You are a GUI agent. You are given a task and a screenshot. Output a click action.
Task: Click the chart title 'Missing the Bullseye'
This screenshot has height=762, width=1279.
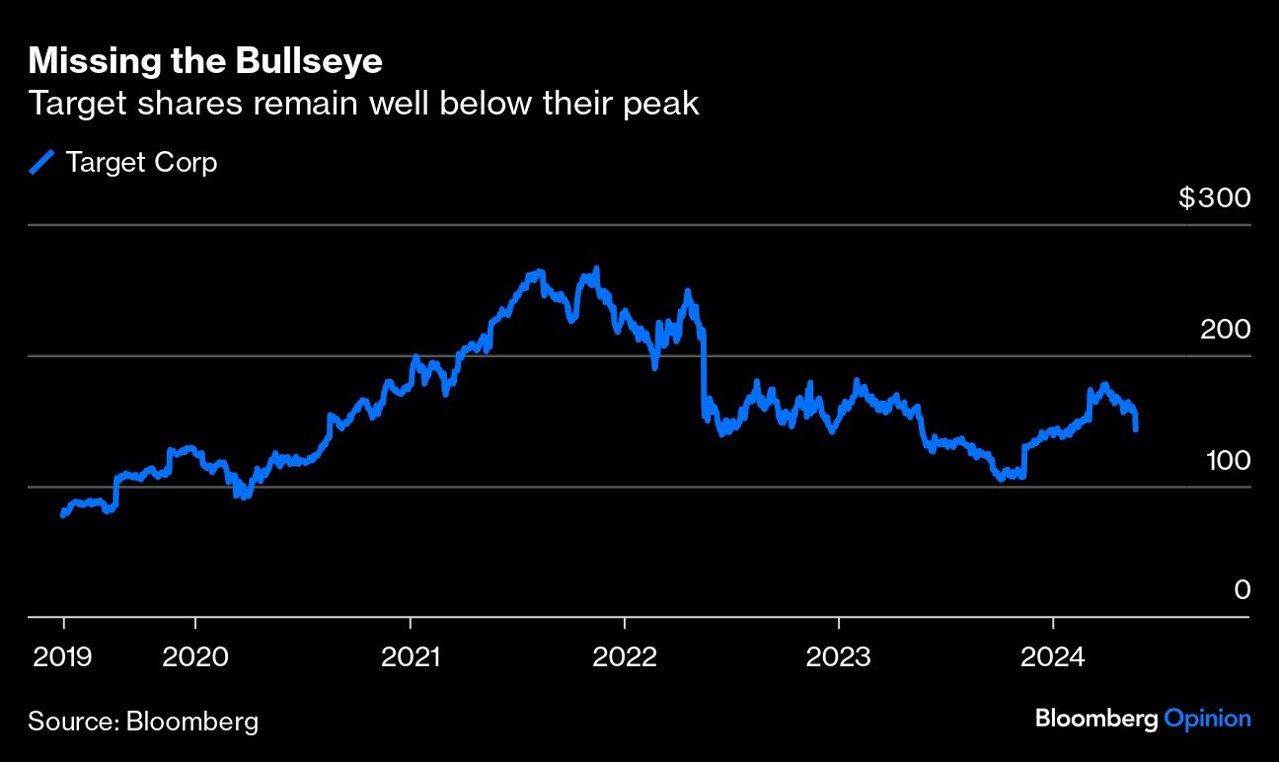pyautogui.click(x=205, y=61)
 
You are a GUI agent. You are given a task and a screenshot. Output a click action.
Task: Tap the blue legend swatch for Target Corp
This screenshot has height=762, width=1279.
pyautogui.click(x=42, y=162)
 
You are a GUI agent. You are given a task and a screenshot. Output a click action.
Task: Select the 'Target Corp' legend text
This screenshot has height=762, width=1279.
pyautogui.click(x=141, y=162)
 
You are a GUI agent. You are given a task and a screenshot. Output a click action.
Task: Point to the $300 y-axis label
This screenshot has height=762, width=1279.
pyautogui.click(x=1214, y=198)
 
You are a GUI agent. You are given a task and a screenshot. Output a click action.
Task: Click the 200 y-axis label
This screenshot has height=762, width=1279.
pyautogui.click(x=1225, y=330)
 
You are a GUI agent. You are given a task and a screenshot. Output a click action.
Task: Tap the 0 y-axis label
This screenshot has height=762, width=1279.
pyautogui.click(x=1242, y=590)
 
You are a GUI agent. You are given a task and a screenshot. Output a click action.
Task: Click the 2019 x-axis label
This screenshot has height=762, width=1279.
pyautogui.click(x=63, y=656)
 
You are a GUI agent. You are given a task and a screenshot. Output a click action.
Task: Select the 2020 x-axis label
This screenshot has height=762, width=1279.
pyautogui.click(x=195, y=656)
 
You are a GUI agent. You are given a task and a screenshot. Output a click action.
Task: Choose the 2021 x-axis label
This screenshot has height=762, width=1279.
pyautogui.click(x=410, y=656)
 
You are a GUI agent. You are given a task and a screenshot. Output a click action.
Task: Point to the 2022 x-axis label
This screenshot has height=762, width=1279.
pyautogui.click(x=624, y=656)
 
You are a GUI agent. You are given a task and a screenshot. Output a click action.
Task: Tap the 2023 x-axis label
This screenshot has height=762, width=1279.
pyautogui.click(x=838, y=656)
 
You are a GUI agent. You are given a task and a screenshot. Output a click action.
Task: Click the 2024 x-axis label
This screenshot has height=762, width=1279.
pyautogui.click(x=1052, y=656)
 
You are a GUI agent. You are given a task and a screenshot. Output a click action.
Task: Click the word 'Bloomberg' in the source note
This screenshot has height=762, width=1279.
pyautogui.click(x=192, y=722)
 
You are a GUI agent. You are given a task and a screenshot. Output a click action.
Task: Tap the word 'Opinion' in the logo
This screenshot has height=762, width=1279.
pyautogui.click(x=1207, y=719)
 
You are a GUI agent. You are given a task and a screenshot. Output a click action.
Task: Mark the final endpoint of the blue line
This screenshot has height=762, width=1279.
pyautogui.click(x=1137, y=429)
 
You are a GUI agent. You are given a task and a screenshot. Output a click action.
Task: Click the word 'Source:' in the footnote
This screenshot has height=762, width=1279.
pyautogui.click(x=73, y=722)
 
